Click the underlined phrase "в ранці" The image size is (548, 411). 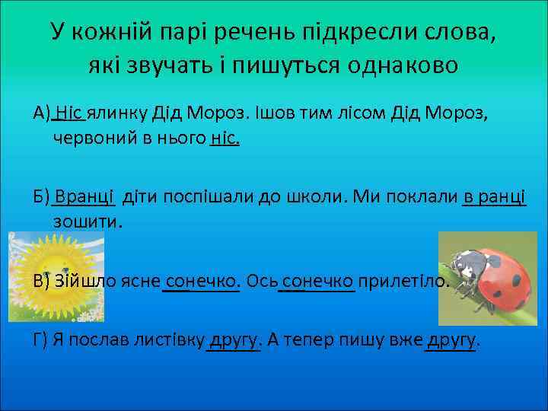coord(494,196)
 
